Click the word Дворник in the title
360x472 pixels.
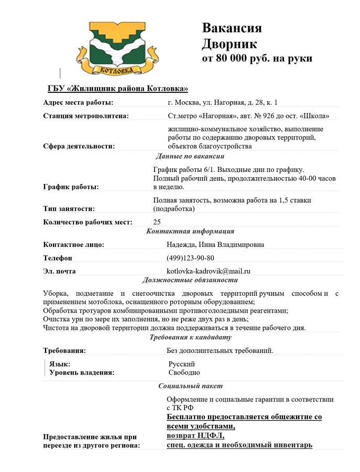coord(230,43)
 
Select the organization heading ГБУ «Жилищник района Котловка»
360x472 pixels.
coord(117,88)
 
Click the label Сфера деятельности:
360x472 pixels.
coord(79,146)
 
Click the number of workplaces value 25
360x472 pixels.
coord(157,222)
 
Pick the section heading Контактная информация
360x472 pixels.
coord(190,231)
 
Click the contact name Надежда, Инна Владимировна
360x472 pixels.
coord(215,244)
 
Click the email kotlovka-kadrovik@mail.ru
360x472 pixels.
coord(209,271)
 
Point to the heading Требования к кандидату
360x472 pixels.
coord(190,337)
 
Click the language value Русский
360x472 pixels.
coord(181,363)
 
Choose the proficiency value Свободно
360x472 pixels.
coord(184,372)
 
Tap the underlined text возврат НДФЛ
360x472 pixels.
coord(195,436)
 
